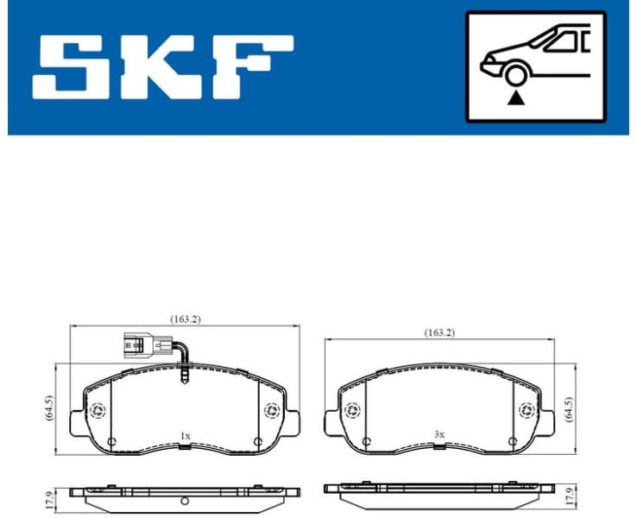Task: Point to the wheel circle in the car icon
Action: (x=516, y=75)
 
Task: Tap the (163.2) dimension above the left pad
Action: (x=185, y=319)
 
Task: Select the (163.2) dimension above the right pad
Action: (x=438, y=332)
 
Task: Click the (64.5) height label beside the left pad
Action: (x=49, y=407)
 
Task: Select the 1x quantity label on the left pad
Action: (x=185, y=435)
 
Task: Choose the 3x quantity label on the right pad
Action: (x=438, y=435)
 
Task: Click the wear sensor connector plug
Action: (x=137, y=345)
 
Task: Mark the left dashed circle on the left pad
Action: (x=97, y=411)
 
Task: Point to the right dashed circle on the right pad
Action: (x=525, y=411)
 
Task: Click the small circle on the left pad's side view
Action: (x=185, y=501)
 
